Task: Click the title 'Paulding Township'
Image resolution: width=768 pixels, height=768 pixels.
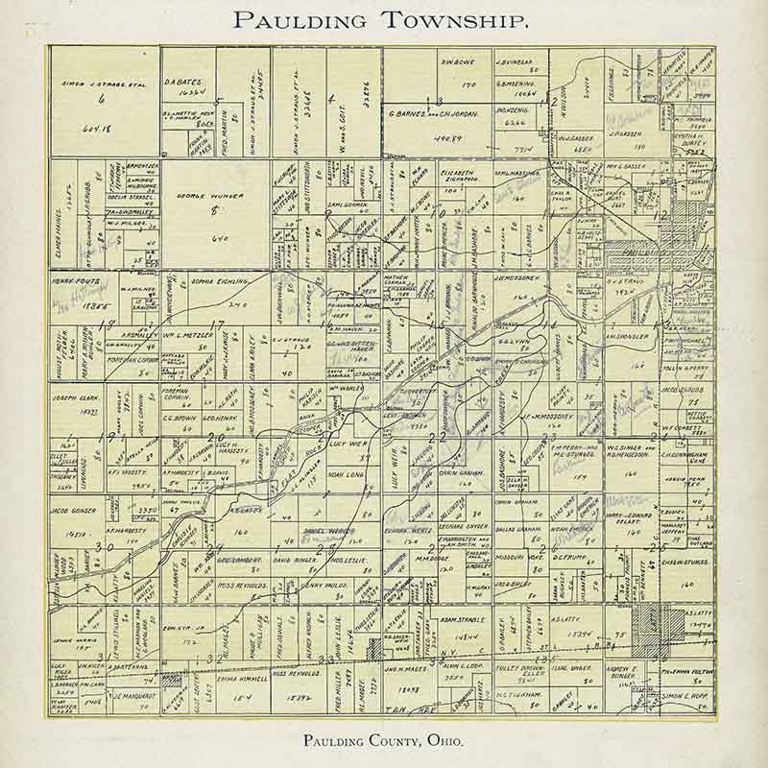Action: pos(381,20)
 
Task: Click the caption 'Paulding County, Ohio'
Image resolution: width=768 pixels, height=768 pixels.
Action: pos(382,740)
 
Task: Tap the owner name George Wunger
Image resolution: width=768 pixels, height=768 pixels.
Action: pos(209,195)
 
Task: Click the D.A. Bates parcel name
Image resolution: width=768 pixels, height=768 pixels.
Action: pos(183,83)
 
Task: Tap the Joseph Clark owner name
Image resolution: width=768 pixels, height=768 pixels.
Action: pos(78,396)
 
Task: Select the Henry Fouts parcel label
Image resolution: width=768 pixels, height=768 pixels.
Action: pos(74,279)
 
